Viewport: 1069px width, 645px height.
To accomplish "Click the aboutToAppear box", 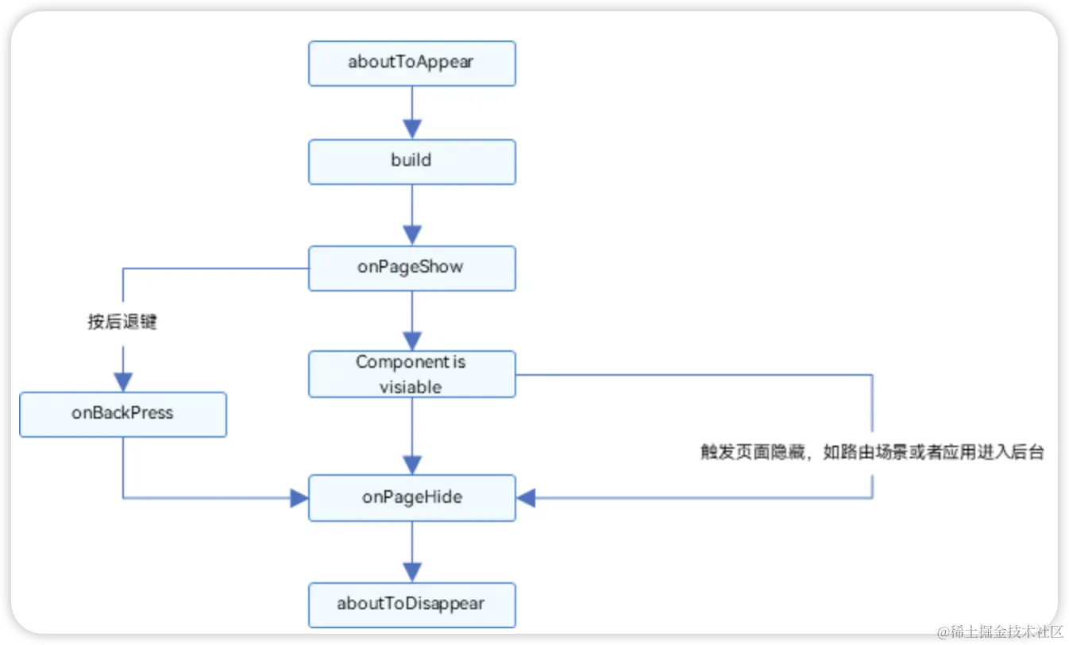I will (411, 64).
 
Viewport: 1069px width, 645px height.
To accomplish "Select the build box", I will (411, 162).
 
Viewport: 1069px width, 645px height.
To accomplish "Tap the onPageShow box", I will (411, 268).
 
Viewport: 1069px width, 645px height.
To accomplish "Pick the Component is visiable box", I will (411, 374).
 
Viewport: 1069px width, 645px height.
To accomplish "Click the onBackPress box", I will (123, 414).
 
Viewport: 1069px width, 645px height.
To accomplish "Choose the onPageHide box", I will (411, 498).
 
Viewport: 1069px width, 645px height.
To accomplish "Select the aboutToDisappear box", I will (411, 604).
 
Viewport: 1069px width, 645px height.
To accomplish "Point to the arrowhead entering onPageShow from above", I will (411, 235).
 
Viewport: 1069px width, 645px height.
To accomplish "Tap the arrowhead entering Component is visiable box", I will (411, 341).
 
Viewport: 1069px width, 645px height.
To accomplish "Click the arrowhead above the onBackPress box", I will (123, 382).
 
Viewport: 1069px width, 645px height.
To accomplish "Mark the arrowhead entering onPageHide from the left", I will (299, 498).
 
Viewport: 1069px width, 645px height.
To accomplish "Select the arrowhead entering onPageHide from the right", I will (527, 498).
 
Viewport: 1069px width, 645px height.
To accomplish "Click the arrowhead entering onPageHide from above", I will (411, 465).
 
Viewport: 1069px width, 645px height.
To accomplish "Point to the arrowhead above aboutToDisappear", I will (411, 572).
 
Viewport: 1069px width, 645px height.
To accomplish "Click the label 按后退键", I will (122, 322).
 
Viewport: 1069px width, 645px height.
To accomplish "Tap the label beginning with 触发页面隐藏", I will (871, 453).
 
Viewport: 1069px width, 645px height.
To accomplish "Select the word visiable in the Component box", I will (411, 387).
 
